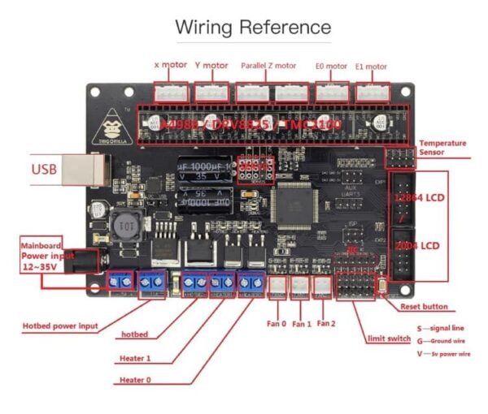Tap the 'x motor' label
[x=171, y=65]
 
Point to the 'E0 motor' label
[x=331, y=65]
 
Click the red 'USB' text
[x=45, y=170]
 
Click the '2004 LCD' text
[x=418, y=244]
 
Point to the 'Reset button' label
[x=423, y=306]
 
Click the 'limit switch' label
[x=388, y=337]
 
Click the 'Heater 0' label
[x=136, y=379]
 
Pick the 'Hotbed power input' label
[x=60, y=326]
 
